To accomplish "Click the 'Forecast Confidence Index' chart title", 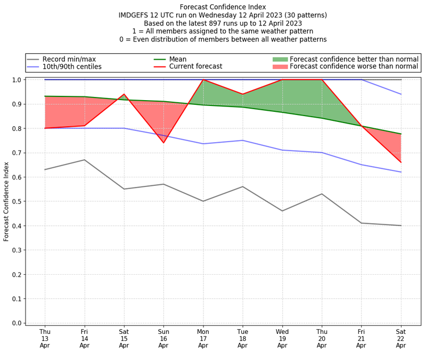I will tap(223, 7).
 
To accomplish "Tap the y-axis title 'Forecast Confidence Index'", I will tap(6, 201).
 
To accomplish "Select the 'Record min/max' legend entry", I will tap(69, 59).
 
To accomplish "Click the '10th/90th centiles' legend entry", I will tap(72, 67).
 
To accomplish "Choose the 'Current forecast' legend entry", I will tap(195, 67).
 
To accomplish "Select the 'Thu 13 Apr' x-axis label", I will tap(45, 338).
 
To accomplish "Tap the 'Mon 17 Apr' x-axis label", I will tap(203, 338).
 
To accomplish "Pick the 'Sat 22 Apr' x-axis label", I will tap(400, 338).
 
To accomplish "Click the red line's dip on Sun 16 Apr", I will tap(163, 143).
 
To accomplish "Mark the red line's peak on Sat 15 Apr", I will tap(124, 94).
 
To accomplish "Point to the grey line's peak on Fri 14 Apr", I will tap(85, 160).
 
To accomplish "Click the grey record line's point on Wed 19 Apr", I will tap(282, 211).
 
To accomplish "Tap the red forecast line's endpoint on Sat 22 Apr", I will tap(400, 162).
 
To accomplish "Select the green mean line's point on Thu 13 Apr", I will tap(45, 96).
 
